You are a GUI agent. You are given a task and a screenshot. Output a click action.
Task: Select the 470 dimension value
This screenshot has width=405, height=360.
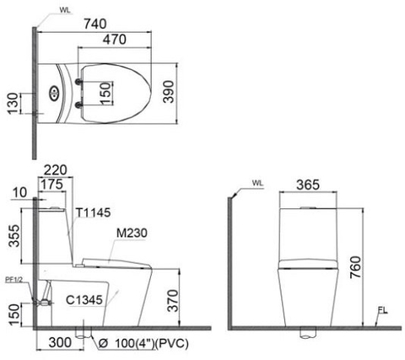click(x=116, y=40)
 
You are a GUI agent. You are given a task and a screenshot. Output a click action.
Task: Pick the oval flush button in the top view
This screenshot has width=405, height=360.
click(x=55, y=93)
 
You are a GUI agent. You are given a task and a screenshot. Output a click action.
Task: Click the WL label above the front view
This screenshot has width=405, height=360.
click(x=257, y=182)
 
